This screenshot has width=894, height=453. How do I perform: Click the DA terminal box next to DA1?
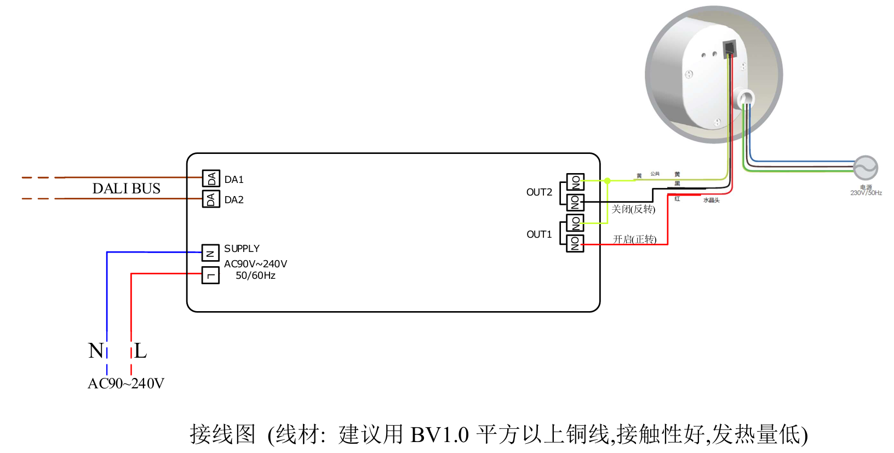[211, 179]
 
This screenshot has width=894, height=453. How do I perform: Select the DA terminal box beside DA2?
[211, 199]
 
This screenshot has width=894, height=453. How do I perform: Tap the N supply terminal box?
[210, 253]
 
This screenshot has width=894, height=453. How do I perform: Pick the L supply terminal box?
[210, 275]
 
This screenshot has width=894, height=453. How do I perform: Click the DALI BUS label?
[127, 188]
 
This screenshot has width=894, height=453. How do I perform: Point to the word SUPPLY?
[242, 249]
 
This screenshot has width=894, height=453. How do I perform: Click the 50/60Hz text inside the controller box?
[255, 276]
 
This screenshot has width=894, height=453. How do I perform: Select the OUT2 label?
[539, 192]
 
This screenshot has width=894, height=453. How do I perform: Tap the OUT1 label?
[539, 234]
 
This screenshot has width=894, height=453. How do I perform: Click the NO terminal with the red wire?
[575, 244]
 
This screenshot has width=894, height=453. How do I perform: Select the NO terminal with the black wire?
[575, 202]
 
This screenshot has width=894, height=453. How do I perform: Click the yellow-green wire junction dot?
[608, 180]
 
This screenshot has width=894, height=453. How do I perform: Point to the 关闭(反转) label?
[633, 209]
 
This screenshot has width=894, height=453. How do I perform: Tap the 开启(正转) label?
[634, 239]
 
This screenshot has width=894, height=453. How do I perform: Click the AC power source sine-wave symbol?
[866, 168]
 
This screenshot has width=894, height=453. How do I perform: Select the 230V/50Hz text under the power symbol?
[866, 193]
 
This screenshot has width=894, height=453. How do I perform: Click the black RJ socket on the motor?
[729, 49]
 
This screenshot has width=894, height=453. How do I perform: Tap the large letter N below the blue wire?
[95, 351]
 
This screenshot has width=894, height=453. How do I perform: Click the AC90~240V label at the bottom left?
[126, 383]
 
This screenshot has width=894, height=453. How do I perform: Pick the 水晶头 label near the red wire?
[711, 200]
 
